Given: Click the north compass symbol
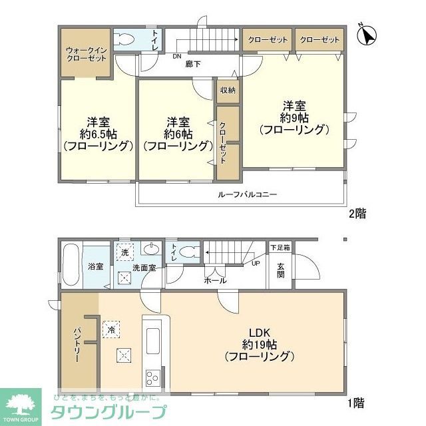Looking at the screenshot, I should [x=366, y=35].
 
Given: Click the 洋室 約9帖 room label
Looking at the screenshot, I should [x=294, y=118].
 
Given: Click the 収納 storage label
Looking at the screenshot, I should [x=226, y=90].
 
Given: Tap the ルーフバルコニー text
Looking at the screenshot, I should [x=247, y=195].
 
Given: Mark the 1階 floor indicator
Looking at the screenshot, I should [x=355, y=402].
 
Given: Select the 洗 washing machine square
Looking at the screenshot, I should [x=124, y=252].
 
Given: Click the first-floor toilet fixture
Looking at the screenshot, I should [x=190, y=252].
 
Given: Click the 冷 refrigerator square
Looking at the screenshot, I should [x=109, y=328].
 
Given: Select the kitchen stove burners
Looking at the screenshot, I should [x=152, y=377].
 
